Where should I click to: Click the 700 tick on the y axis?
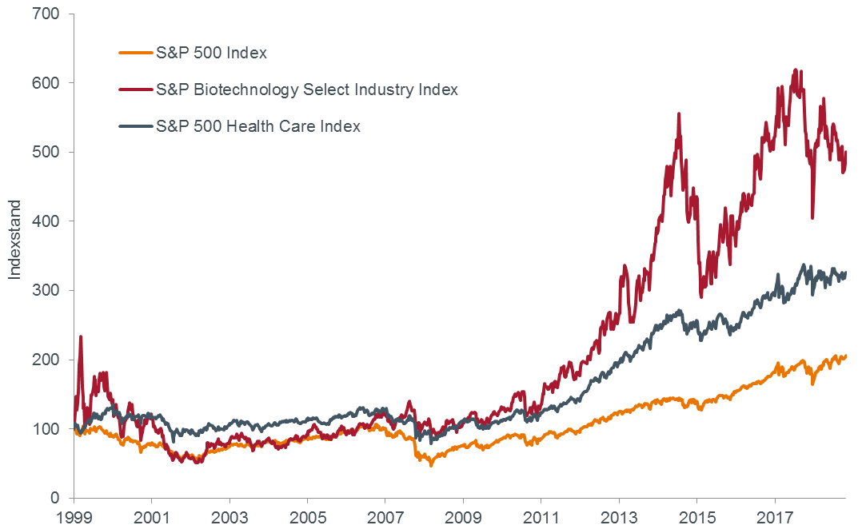(46, 14)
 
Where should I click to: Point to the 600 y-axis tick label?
(46, 83)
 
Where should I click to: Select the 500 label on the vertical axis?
(46, 152)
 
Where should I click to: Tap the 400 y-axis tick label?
(46, 221)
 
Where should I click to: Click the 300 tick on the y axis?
(46, 291)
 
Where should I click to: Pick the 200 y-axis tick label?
(46, 360)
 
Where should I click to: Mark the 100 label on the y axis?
(46, 429)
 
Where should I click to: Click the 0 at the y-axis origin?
(55, 498)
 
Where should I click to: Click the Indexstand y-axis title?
(14, 240)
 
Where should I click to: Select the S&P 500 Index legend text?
(212, 54)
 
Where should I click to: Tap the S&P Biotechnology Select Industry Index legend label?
(307, 89)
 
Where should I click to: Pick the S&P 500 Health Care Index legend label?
(258, 126)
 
